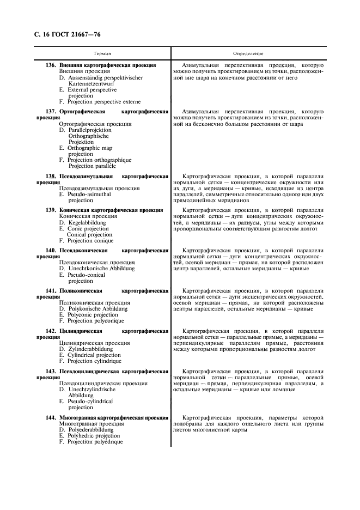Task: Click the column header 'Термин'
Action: [102, 54]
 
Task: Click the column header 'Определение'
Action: [248, 54]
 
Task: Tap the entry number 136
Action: [51, 65]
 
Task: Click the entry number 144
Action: [51, 417]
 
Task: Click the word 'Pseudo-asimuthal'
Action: [89, 195]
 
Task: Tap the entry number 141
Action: [51, 290]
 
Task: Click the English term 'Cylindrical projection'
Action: [94, 355]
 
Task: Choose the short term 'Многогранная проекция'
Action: [91, 423]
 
